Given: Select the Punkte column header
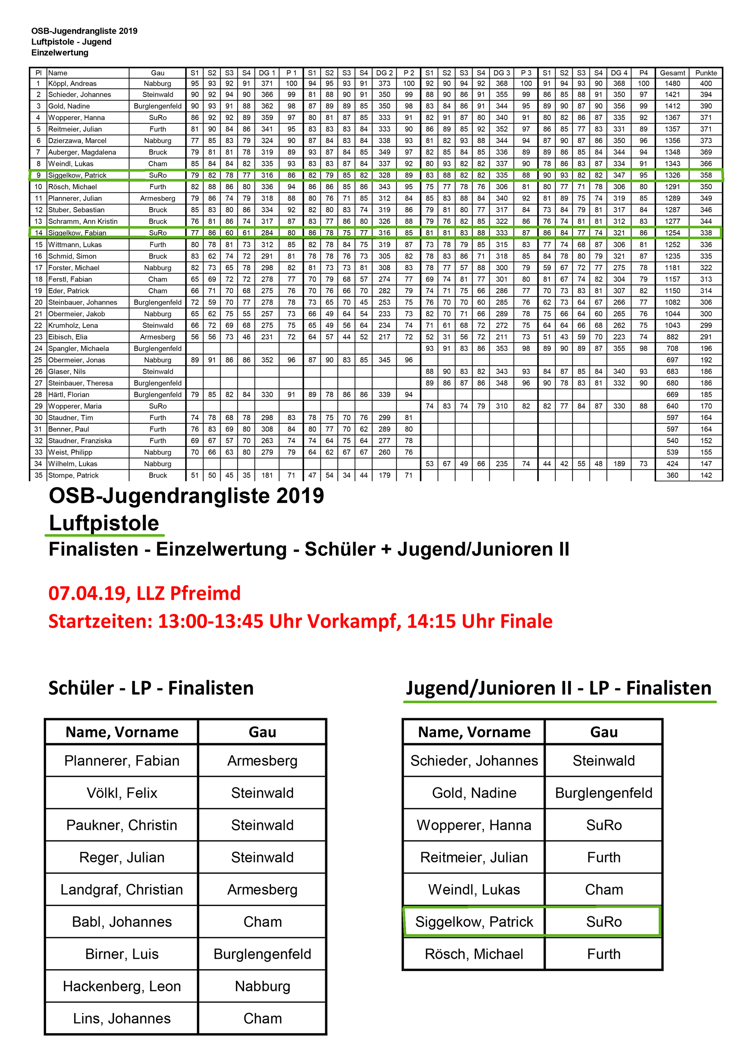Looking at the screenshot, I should click(706, 73).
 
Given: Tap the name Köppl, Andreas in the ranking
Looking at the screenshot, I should click(72, 84).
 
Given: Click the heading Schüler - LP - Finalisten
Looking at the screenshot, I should click(151, 688).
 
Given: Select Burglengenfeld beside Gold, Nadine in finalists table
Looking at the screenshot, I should click(603, 793).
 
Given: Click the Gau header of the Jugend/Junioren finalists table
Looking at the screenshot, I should click(603, 732).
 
